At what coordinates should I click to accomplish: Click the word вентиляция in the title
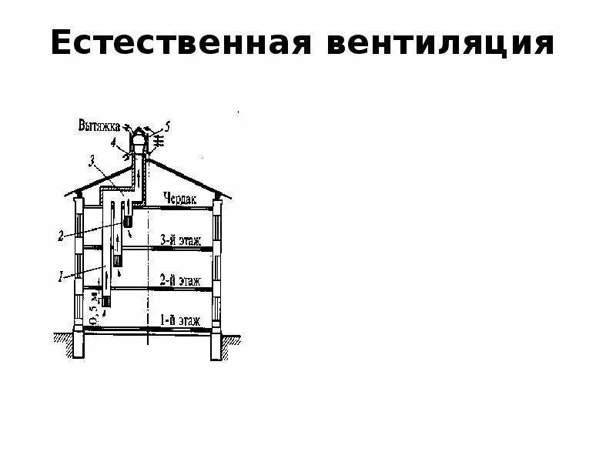coord(440,44)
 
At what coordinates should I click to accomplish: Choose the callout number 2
coord(61,236)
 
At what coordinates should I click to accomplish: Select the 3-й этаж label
coord(180,240)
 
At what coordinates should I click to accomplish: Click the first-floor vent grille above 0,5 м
coord(107,300)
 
